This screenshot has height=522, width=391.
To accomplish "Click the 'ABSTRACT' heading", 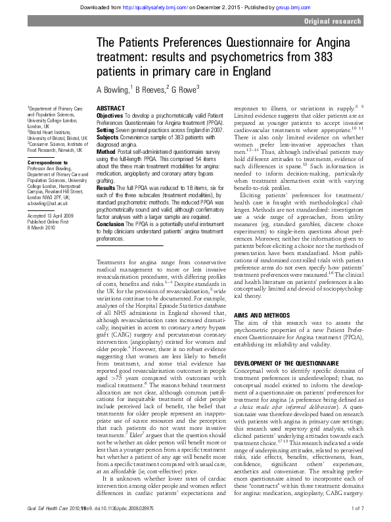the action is (112, 108).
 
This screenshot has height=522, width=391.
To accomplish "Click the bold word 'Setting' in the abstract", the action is (106, 130).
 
